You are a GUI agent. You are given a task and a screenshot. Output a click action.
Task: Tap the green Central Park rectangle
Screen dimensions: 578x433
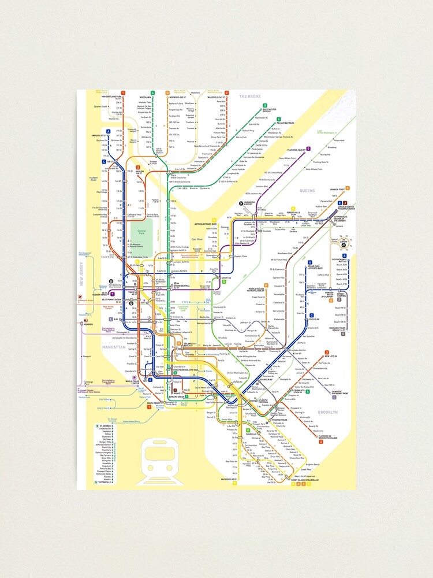[143, 234]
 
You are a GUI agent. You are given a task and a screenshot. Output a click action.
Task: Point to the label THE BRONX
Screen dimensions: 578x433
[250, 97]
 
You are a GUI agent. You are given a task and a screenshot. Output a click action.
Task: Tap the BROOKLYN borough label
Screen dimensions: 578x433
[327, 412]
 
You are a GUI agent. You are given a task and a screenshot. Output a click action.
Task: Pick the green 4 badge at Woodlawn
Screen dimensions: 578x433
[152, 92]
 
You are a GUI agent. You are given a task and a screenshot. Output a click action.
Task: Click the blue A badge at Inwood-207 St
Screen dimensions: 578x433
[108, 132]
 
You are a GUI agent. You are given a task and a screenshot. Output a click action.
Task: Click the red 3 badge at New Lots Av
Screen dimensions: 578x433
[327, 352]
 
